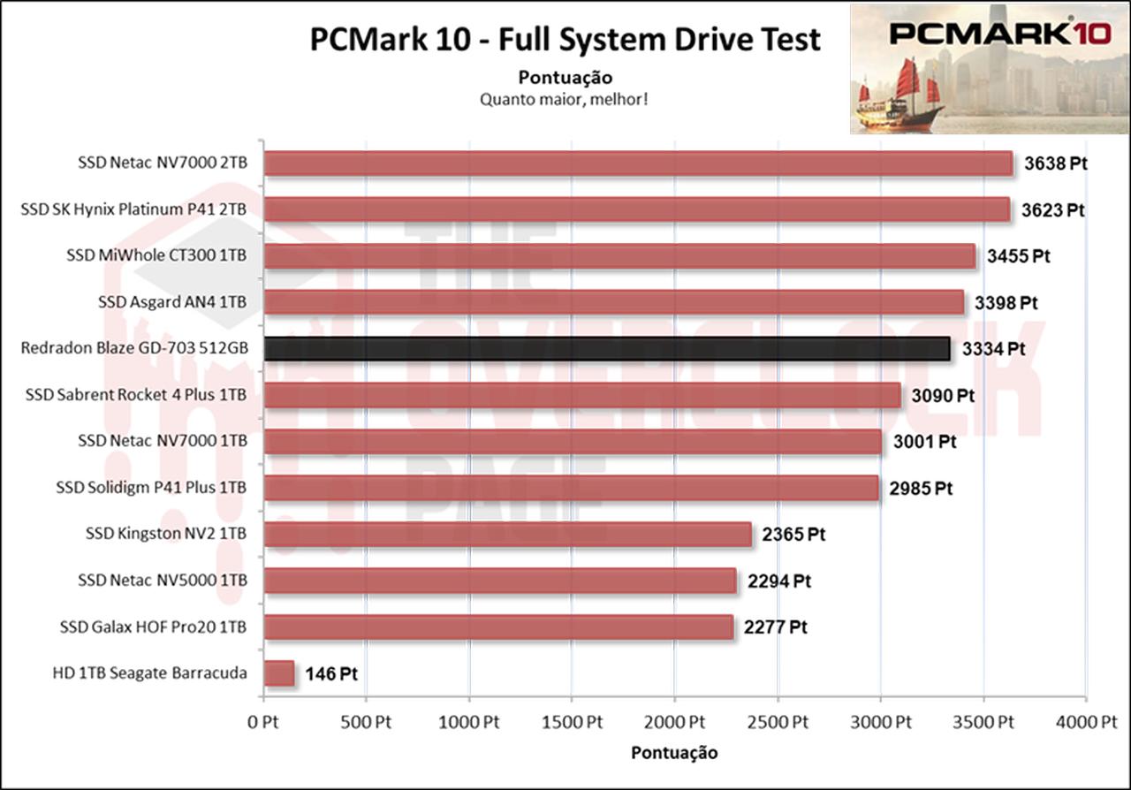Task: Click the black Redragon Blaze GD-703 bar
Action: pos(607,348)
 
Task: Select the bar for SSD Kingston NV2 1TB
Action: pos(507,534)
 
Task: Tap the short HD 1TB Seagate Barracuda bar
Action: pos(279,673)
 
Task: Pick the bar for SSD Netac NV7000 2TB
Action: pos(638,163)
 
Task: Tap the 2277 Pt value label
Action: pos(775,627)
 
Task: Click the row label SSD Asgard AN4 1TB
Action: pos(172,302)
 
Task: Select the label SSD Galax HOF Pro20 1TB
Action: pos(153,627)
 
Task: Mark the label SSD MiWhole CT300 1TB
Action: pos(156,256)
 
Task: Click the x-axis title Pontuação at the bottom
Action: pos(674,753)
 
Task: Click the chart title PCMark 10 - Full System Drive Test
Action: pos(565,40)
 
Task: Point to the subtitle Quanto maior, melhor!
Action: pos(565,99)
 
